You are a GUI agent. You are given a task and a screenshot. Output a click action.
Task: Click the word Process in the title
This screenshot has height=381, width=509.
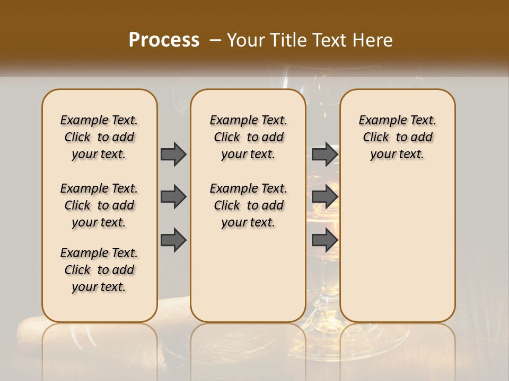[164, 40]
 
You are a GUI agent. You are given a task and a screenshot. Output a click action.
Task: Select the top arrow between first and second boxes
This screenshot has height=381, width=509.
[173, 154]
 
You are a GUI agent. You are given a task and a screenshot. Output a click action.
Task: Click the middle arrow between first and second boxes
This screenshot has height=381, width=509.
[173, 197]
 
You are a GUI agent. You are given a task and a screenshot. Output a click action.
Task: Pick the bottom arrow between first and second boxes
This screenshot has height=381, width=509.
[173, 240]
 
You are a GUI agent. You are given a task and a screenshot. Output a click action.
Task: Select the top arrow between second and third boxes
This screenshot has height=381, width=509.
[324, 154]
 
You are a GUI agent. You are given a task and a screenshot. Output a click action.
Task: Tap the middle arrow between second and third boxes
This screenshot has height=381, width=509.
[324, 197]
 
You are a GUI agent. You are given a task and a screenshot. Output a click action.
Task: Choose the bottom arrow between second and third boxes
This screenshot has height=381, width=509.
[324, 240]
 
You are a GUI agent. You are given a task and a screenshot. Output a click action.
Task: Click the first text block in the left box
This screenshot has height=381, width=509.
[99, 137]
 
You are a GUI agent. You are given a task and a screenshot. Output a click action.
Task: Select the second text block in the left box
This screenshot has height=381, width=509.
[99, 205]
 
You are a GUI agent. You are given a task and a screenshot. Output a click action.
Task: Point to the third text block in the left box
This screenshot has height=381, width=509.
[99, 270]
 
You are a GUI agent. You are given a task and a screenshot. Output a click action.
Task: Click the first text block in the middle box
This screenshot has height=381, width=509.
[248, 137]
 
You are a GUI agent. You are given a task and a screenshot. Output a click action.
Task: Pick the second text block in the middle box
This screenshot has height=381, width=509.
[248, 205]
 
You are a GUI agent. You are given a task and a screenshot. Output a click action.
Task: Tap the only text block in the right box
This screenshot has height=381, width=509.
[397, 137]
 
